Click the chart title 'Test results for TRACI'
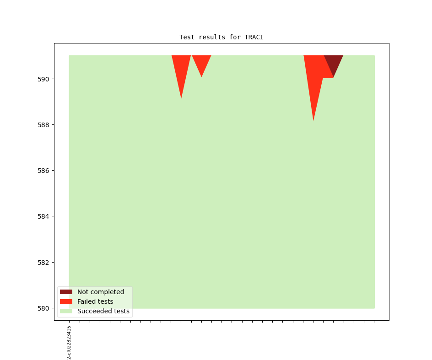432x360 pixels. [221, 37]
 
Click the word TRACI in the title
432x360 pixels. [254, 37]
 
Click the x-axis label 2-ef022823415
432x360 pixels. [69, 342]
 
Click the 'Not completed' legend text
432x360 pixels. [100, 292]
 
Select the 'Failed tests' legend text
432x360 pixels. [95, 301]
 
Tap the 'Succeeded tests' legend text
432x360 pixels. [103, 311]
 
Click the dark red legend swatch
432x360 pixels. [66, 292]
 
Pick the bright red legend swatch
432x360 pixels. [66, 301]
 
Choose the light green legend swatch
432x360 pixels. [66, 311]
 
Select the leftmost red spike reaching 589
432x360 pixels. [181, 73]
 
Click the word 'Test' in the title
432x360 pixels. [187, 37]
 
